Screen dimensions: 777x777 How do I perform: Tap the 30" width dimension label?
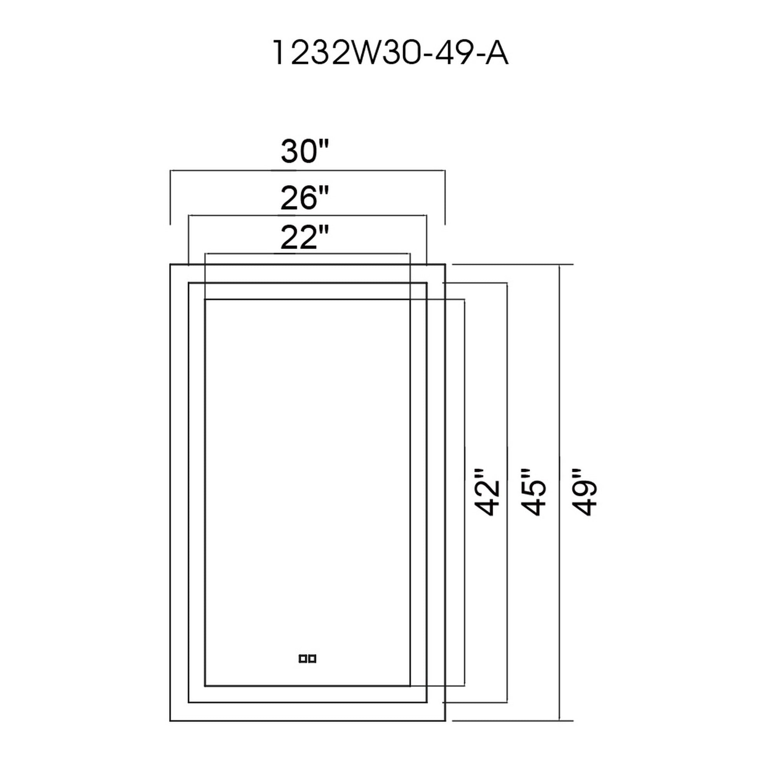click(x=305, y=152)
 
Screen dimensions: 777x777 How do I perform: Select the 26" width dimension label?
click(x=305, y=198)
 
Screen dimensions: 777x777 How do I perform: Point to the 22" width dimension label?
click(x=305, y=238)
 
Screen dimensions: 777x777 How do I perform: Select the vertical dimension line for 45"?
click(x=507, y=362)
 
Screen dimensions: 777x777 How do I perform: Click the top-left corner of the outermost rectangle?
click(x=170, y=265)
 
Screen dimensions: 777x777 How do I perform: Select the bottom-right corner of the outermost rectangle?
click(x=445, y=720)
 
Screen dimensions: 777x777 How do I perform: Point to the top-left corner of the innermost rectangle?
click(x=205, y=299)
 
